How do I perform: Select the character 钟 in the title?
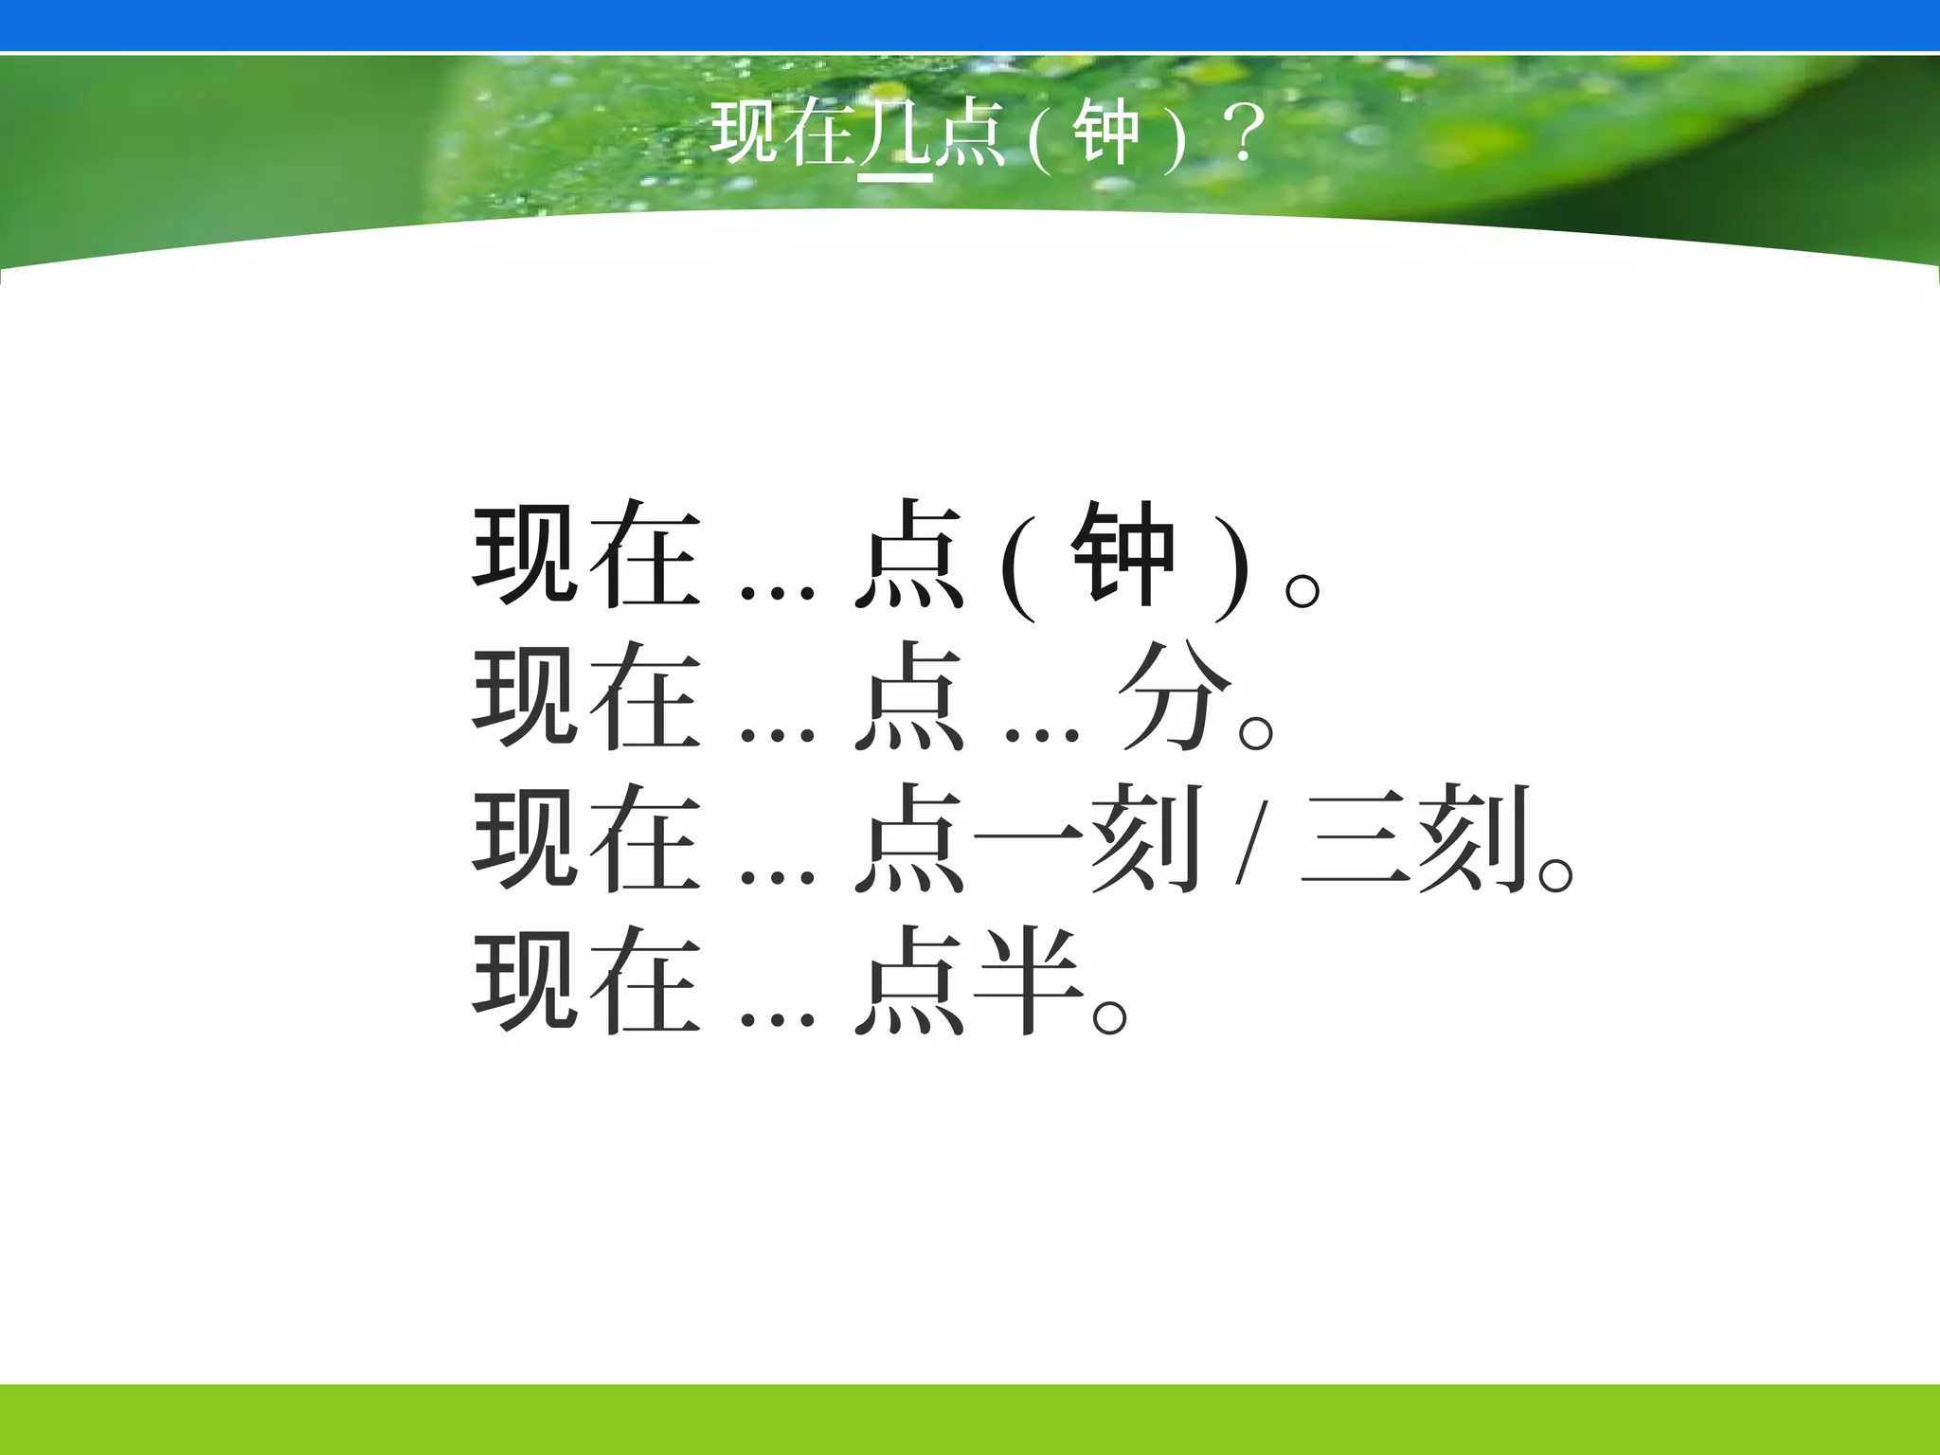point(1105,135)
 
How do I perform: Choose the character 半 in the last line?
point(1029,981)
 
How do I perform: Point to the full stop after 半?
point(1109,1017)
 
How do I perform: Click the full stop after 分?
point(1255,733)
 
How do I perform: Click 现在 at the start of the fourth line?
point(587,981)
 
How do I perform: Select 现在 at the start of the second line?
point(587,698)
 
